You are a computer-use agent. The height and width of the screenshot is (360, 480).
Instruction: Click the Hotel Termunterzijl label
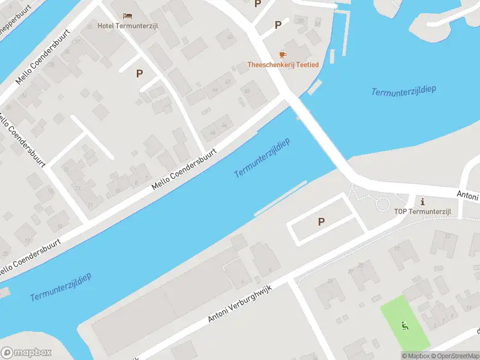click(x=128, y=26)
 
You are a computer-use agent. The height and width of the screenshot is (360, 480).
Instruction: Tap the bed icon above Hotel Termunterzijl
click(x=127, y=16)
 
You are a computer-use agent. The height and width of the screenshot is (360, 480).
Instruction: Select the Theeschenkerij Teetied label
click(x=283, y=64)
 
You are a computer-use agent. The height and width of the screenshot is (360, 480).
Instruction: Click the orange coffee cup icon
click(x=283, y=55)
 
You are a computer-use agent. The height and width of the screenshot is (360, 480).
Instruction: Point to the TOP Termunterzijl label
click(x=423, y=211)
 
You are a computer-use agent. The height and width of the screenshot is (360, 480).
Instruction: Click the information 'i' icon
click(x=423, y=201)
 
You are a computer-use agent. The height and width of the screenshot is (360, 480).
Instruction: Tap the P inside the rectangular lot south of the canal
click(x=321, y=222)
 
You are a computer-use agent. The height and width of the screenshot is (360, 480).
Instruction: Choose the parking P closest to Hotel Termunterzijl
click(x=139, y=74)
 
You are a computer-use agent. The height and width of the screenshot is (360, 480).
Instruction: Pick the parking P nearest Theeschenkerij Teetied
click(x=278, y=25)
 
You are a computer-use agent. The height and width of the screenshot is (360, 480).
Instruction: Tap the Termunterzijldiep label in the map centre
click(x=262, y=158)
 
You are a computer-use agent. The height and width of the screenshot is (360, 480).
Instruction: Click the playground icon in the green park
click(x=404, y=326)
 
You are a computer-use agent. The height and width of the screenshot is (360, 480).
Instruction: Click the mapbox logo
click(x=26, y=353)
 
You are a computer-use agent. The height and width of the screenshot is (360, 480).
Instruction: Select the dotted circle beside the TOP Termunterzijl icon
click(x=382, y=203)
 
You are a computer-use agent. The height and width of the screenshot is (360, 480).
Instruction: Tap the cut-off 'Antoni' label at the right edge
click(x=467, y=196)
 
